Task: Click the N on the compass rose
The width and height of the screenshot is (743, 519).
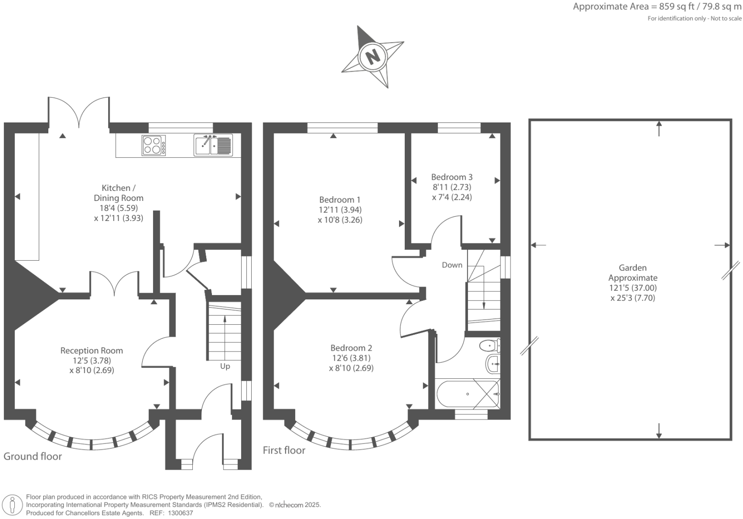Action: [372, 56]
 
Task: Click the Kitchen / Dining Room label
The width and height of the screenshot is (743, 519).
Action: [118, 193]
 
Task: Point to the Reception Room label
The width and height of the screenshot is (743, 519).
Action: [91, 351]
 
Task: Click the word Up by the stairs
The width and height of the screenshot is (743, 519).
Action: [225, 366]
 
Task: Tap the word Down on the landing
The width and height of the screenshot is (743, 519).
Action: [452, 265]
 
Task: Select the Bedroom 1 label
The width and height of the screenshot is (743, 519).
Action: [340, 200]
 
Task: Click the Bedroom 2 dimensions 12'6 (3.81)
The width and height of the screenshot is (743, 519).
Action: [351, 358]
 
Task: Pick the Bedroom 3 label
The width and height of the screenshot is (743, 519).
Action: [452, 177]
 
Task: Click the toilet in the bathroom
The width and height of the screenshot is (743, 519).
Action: [489, 345]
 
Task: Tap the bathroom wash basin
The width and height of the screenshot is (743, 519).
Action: [492, 364]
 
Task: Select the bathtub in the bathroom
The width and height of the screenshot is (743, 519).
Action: [467, 394]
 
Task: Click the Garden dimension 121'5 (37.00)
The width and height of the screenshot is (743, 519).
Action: [632, 288]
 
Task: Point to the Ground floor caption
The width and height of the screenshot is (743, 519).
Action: [33, 456]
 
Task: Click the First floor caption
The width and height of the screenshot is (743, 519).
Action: [284, 450]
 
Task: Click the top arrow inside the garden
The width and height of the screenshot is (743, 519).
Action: [659, 128]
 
